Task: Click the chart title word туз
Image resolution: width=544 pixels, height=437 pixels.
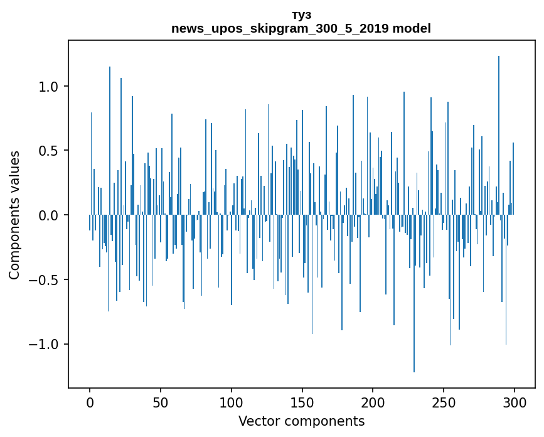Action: click(301, 15)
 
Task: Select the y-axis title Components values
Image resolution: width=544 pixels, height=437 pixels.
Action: click(14, 215)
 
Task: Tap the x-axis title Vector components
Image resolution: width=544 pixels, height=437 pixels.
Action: click(301, 421)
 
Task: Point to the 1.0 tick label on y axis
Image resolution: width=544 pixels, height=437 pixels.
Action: click(49, 87)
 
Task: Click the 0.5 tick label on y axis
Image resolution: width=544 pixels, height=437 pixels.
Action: click(49, 151)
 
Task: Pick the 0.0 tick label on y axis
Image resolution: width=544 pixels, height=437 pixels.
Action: click(49, 215)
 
